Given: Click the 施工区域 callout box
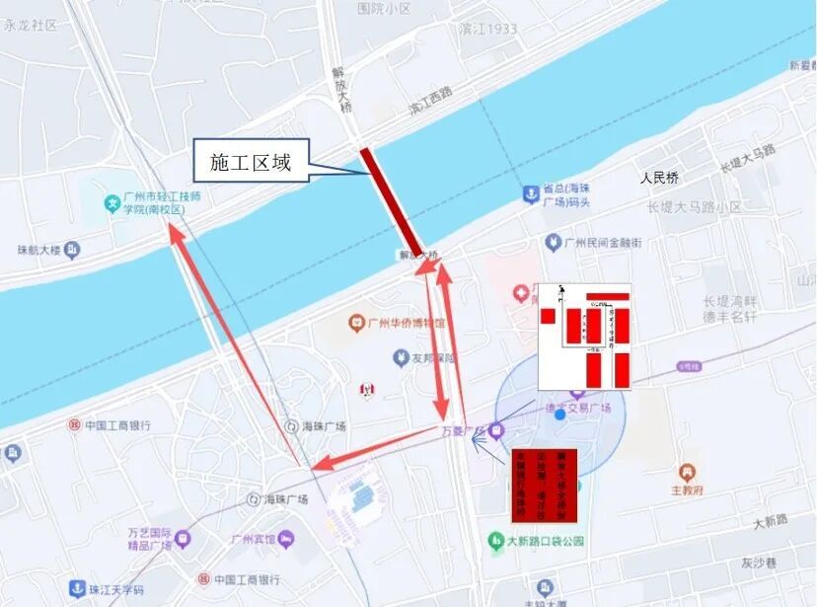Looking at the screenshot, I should pos(251,162).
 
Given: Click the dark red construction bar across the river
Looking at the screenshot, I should pos(392,201).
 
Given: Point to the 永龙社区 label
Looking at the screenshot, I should pos(31,26).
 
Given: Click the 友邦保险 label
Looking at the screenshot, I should pos(429,357).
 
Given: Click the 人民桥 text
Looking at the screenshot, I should pos(659,179).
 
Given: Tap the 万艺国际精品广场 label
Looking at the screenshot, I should pos(150,538).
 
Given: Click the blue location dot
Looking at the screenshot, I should pos(559,415).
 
